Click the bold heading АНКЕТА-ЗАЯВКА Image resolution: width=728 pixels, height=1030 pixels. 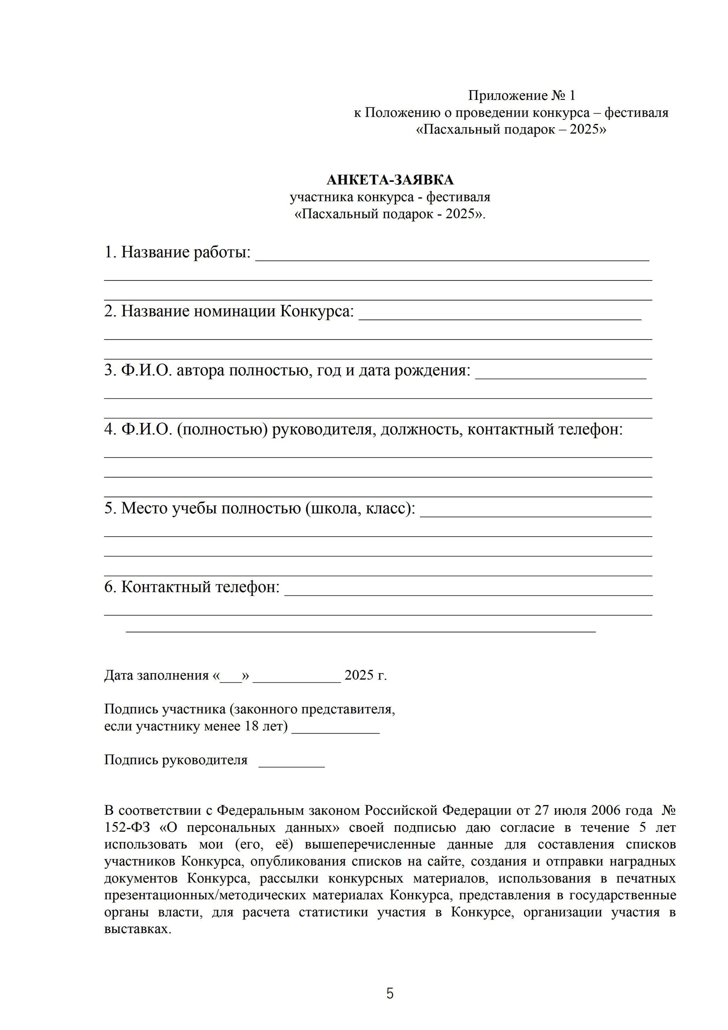coord(390,180)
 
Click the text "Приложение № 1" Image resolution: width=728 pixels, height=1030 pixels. coord(521,95)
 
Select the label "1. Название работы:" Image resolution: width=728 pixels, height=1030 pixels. coord(178,253)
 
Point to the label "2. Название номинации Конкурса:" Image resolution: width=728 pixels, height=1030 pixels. coord(229,311)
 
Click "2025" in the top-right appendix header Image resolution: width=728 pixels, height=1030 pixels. coord(584,130)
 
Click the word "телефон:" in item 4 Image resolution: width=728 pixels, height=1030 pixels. coord(591,429)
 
